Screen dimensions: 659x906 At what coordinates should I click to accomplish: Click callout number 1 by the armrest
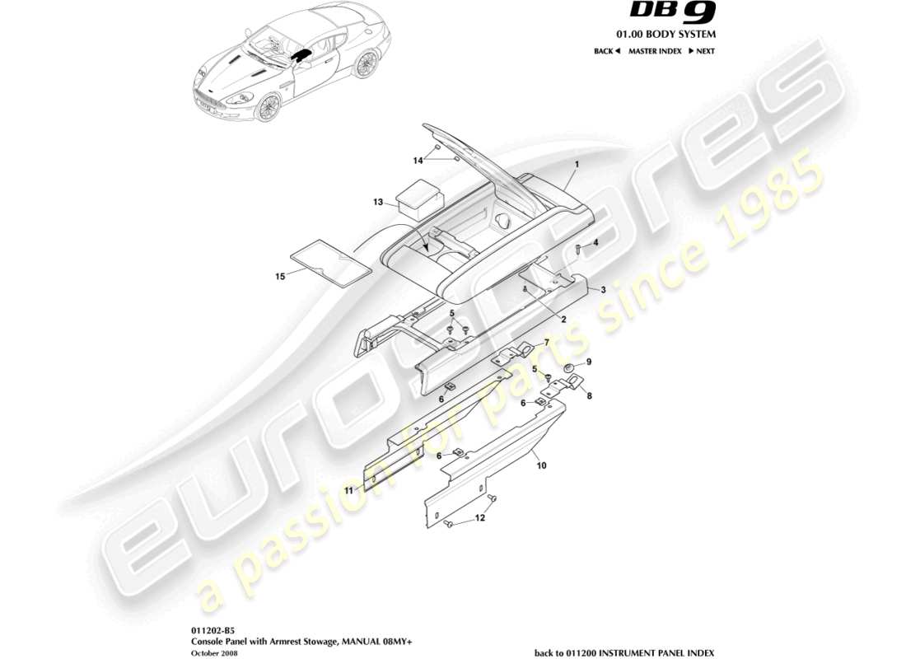click(x=577, y=165)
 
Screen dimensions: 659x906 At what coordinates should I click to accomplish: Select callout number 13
click(x=378, y=201)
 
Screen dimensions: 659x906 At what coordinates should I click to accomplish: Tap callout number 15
click(x=281, y=277)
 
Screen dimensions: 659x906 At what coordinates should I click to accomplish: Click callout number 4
click(x=595, y=242)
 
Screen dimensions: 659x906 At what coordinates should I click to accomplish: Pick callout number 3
click(x=603, y=290)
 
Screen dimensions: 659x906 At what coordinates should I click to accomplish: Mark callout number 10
click(x=541, y=465)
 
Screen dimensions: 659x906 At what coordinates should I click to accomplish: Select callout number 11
click(x=348, y=490)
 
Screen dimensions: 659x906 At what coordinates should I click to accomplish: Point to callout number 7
click(x=544, y=342)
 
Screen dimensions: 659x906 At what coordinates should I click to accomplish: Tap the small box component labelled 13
click(x=420, y=199)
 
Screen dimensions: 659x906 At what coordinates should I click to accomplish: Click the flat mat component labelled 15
click(x=332, y=261)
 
